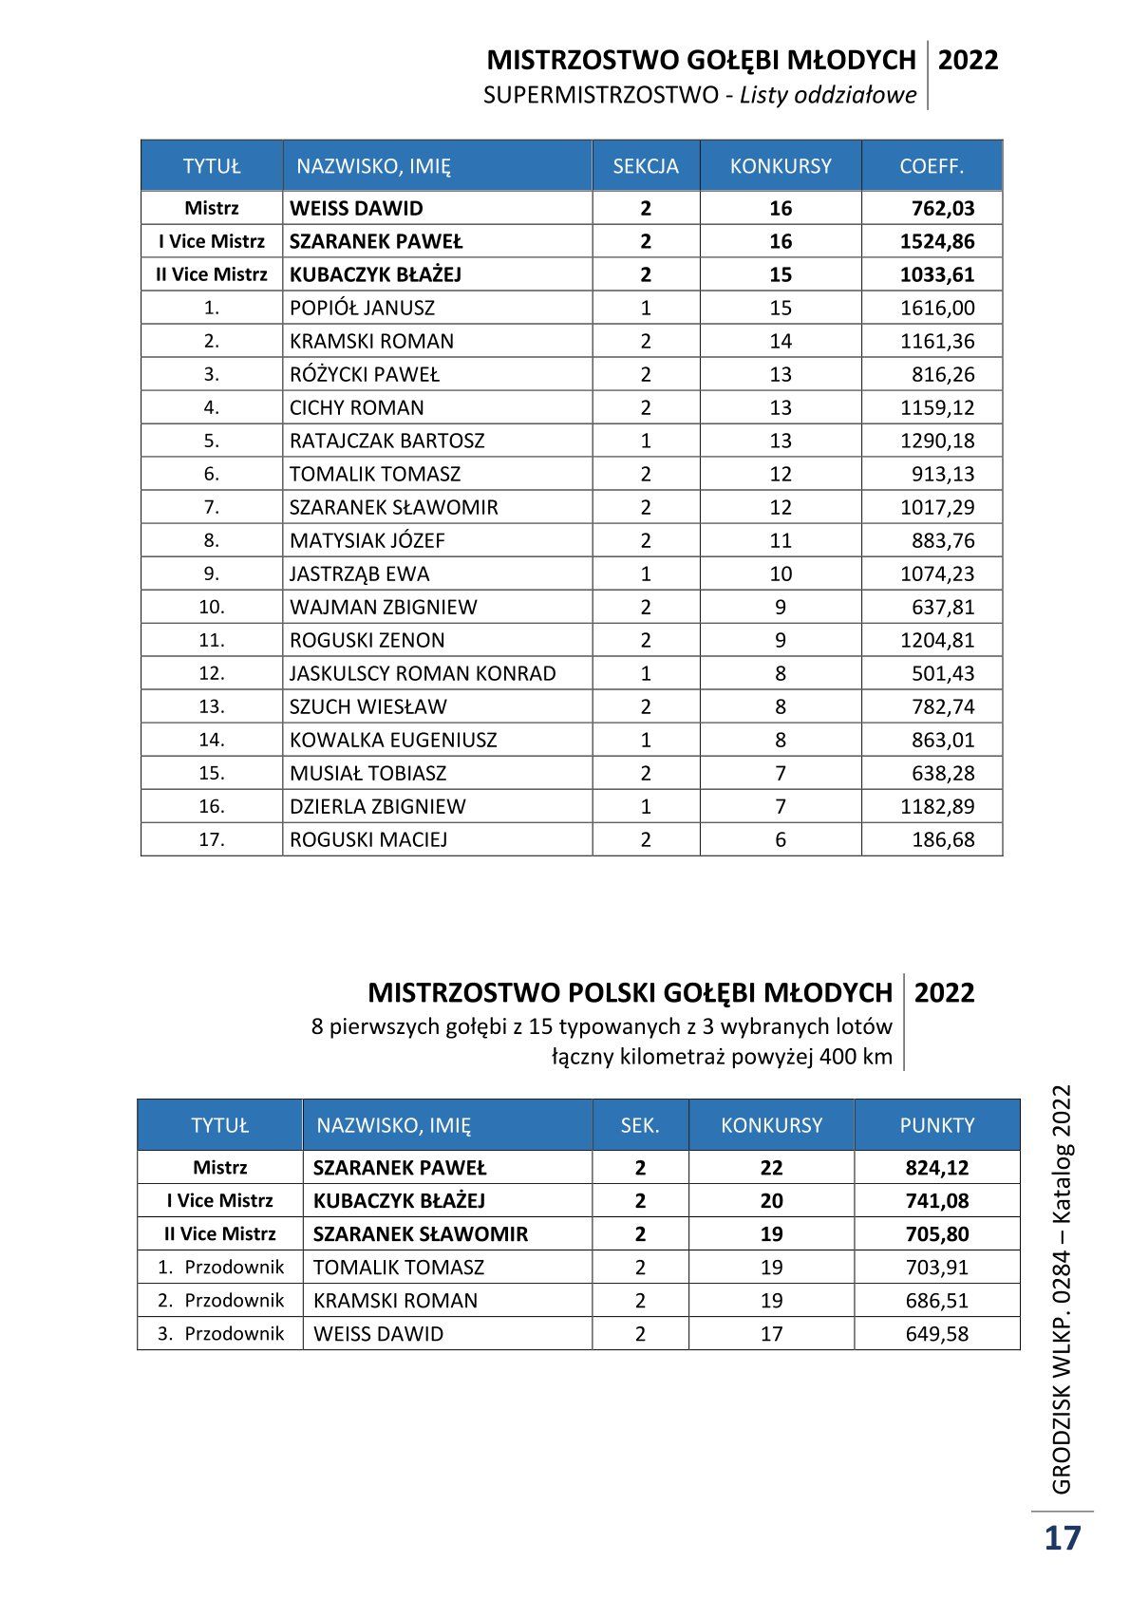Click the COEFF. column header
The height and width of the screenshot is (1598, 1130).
[x=932, y=166]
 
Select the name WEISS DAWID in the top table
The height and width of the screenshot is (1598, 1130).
[x=356, y=208]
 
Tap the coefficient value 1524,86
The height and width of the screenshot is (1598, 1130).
[x=937, y=241]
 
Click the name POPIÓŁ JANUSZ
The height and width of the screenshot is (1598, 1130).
[x=362, y=308]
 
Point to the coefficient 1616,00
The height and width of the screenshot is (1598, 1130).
[x=937, y=308]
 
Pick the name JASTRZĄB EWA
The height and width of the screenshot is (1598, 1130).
[x=359, y=573]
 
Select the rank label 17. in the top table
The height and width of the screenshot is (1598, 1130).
[x=212, y=839]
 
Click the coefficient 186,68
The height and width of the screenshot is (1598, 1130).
[x=943, y=839]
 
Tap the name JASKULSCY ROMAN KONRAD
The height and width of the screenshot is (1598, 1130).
[x=423, y=673]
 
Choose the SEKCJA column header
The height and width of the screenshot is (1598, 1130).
[x=646, y=166]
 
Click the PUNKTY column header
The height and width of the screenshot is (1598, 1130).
[x=937, y=1125]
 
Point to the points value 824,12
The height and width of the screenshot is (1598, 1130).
[x=937, y=1168]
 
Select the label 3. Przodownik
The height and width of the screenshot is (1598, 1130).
[x=220, y=1333]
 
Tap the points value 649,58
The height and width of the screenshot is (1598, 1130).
[x=937, y=1333]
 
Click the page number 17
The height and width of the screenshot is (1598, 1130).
[x=1063, y=1537]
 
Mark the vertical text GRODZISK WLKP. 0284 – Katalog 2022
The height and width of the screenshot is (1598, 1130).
[x=1062, y=1288]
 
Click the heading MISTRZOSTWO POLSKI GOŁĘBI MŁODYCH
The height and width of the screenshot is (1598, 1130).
[x=630, y=993]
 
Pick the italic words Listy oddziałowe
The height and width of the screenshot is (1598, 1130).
[x=828, y=95]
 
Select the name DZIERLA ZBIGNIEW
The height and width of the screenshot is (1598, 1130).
[x=378, y=806]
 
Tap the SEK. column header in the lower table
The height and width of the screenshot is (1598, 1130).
[x=640, y=1125]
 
